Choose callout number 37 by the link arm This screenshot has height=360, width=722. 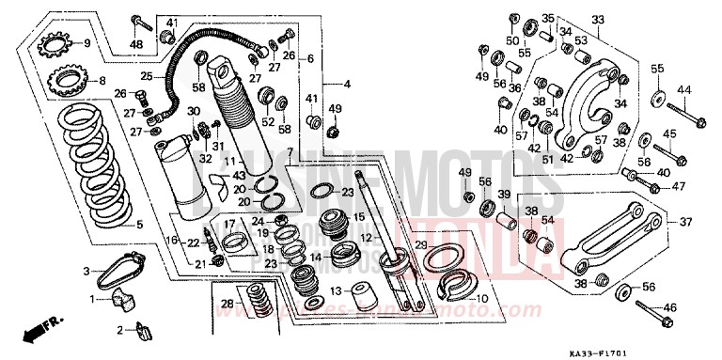684,223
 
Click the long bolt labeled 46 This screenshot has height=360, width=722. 649,306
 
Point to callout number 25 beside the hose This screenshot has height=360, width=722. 147,76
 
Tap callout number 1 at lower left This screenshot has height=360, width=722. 93,299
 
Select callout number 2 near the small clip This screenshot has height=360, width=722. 120,330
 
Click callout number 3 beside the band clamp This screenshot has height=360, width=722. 87,271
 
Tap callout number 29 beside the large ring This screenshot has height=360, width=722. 422,245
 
